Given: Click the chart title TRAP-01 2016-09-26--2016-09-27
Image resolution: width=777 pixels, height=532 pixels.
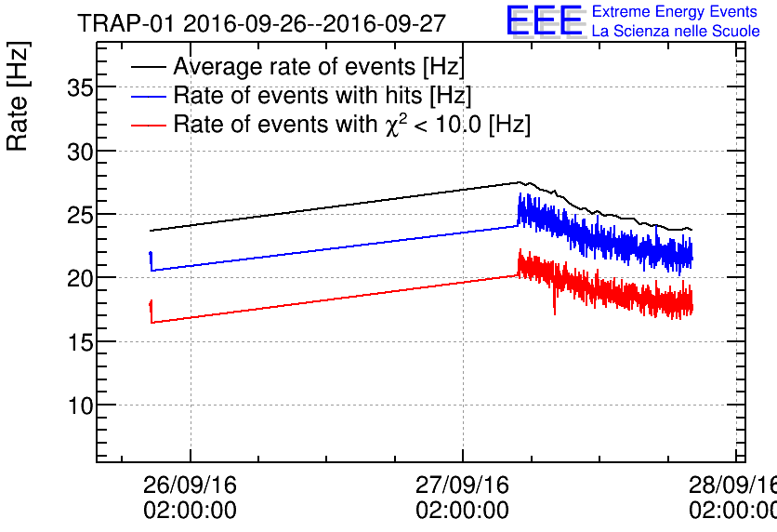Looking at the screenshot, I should [261, 23].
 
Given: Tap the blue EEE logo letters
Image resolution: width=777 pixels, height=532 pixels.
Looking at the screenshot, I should [545, 21].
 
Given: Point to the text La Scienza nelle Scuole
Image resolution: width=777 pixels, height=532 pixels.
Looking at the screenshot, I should [676, 32].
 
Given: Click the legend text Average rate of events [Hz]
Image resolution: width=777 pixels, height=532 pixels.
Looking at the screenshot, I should [319, 67].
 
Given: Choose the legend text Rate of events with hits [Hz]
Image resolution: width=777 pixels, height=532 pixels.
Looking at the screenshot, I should [323, 96].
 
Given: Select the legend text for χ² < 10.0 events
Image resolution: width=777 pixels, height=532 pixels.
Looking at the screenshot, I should [351, 125].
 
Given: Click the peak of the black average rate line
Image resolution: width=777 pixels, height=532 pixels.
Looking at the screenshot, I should [519, 182].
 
